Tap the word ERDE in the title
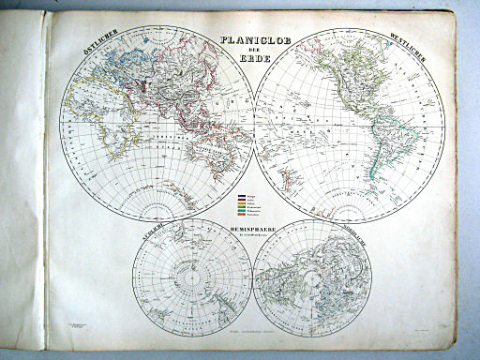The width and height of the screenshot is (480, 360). [x=253, y=58]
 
